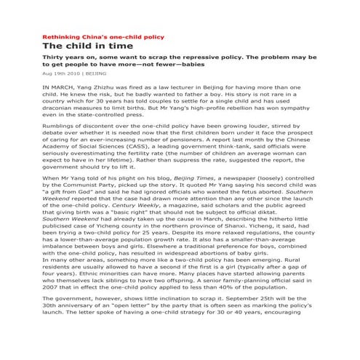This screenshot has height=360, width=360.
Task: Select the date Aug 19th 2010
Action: click(x=60, y=73)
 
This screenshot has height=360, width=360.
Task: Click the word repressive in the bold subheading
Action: click(x=202, y=56)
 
